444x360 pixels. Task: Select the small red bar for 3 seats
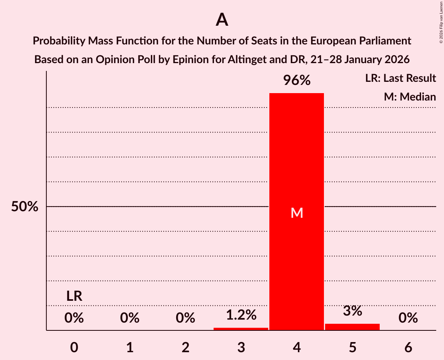tap(241, 329)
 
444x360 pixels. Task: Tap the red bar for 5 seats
tap(352, 327)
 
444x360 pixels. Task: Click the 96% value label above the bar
tap(297, 81)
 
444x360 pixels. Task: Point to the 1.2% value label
tap(241, 315)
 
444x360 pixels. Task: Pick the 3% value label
tap(352, 311)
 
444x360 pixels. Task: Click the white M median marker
tap(297, 213)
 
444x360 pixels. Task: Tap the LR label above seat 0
tap(74, 296)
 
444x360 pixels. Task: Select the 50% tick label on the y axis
tap(25, 207)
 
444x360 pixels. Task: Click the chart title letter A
tap(222, 19)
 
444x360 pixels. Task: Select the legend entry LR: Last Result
tap(400, 78)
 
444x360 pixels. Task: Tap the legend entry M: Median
tap(410, 97)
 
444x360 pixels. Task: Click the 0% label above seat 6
tap(408, 318)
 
